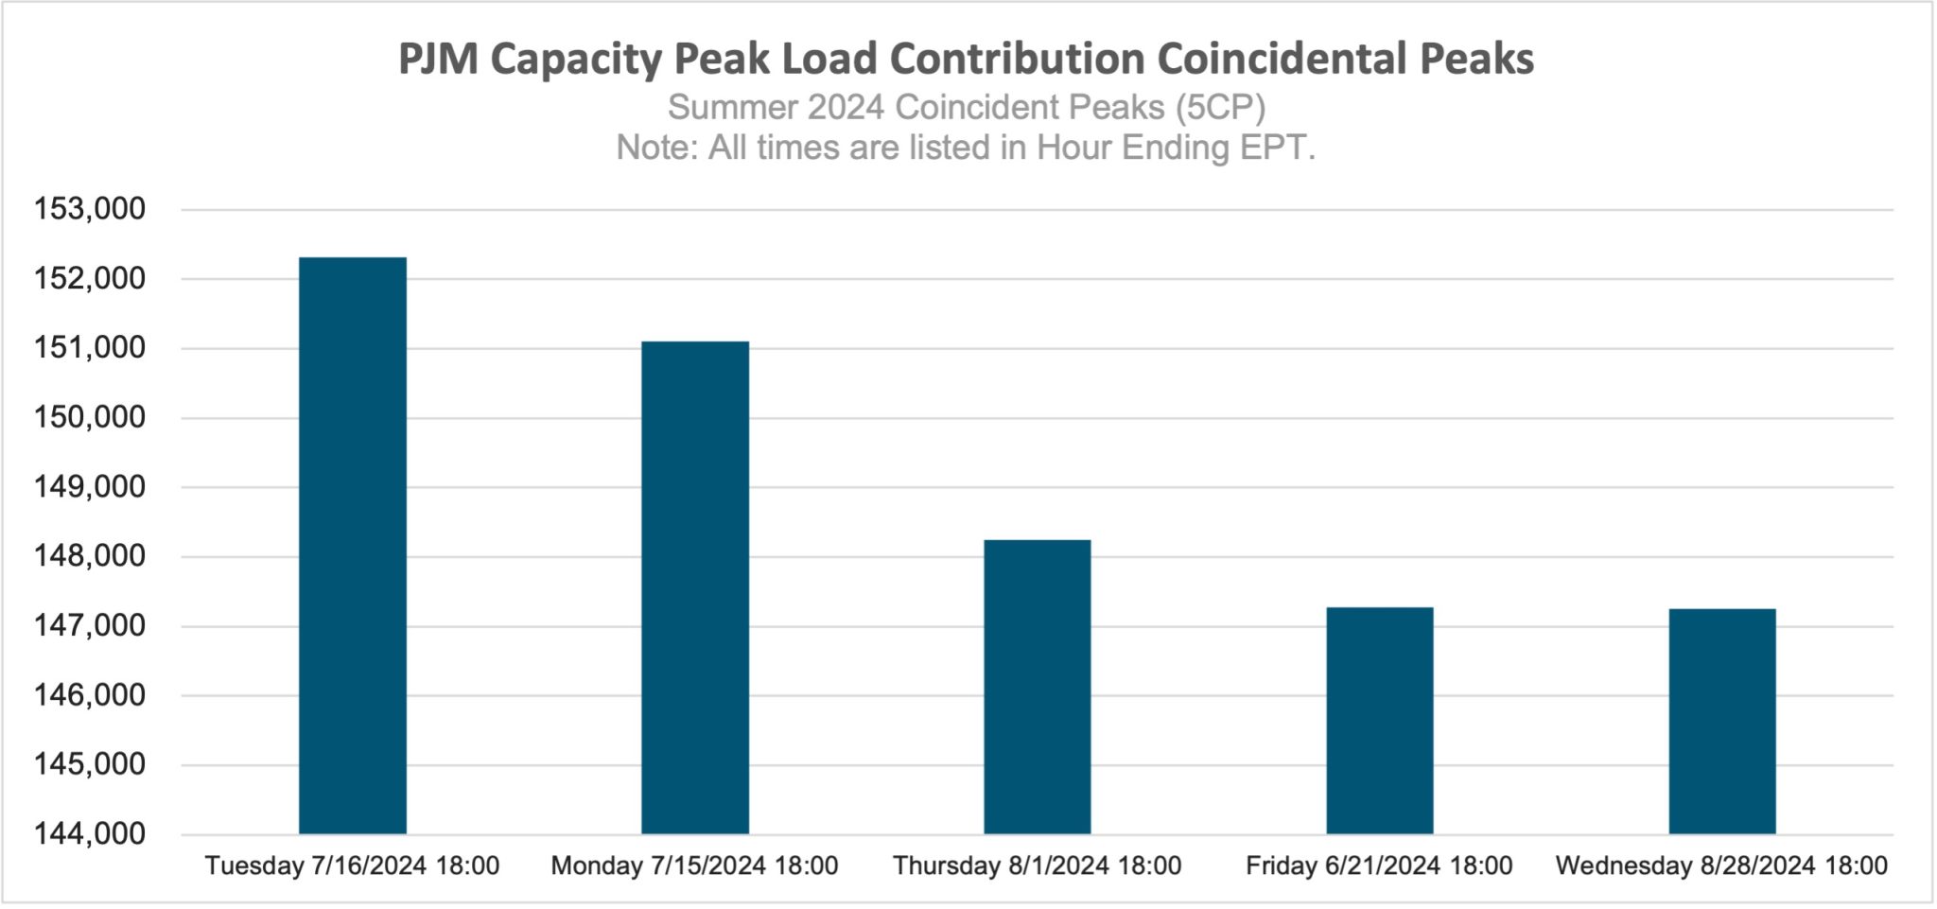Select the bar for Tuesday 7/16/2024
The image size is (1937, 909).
point(353,546)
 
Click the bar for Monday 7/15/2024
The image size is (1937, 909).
point(695,587)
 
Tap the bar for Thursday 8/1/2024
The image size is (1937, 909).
point(1038,687)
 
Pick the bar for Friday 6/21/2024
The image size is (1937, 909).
point(1380,720)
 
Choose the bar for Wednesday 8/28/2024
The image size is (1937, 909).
point(1722,721)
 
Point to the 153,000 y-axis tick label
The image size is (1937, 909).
point(90,209)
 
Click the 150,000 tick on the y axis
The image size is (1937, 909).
point(90,417)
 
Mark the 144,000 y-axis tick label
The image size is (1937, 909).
point(90,834)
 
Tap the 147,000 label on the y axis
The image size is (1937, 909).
point(90,625)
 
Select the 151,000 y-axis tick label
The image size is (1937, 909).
point(90,348)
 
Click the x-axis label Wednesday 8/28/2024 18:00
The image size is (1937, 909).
point(1721,865)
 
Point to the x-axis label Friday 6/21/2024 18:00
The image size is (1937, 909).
point(1379,865)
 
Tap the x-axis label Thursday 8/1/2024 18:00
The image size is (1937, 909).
point(1038,865)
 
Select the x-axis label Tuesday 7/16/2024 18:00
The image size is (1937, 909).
point(353,865)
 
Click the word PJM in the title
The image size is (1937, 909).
point(437,59)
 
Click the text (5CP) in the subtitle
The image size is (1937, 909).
point(1220,108)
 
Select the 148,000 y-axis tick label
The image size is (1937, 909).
point(90,556)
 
